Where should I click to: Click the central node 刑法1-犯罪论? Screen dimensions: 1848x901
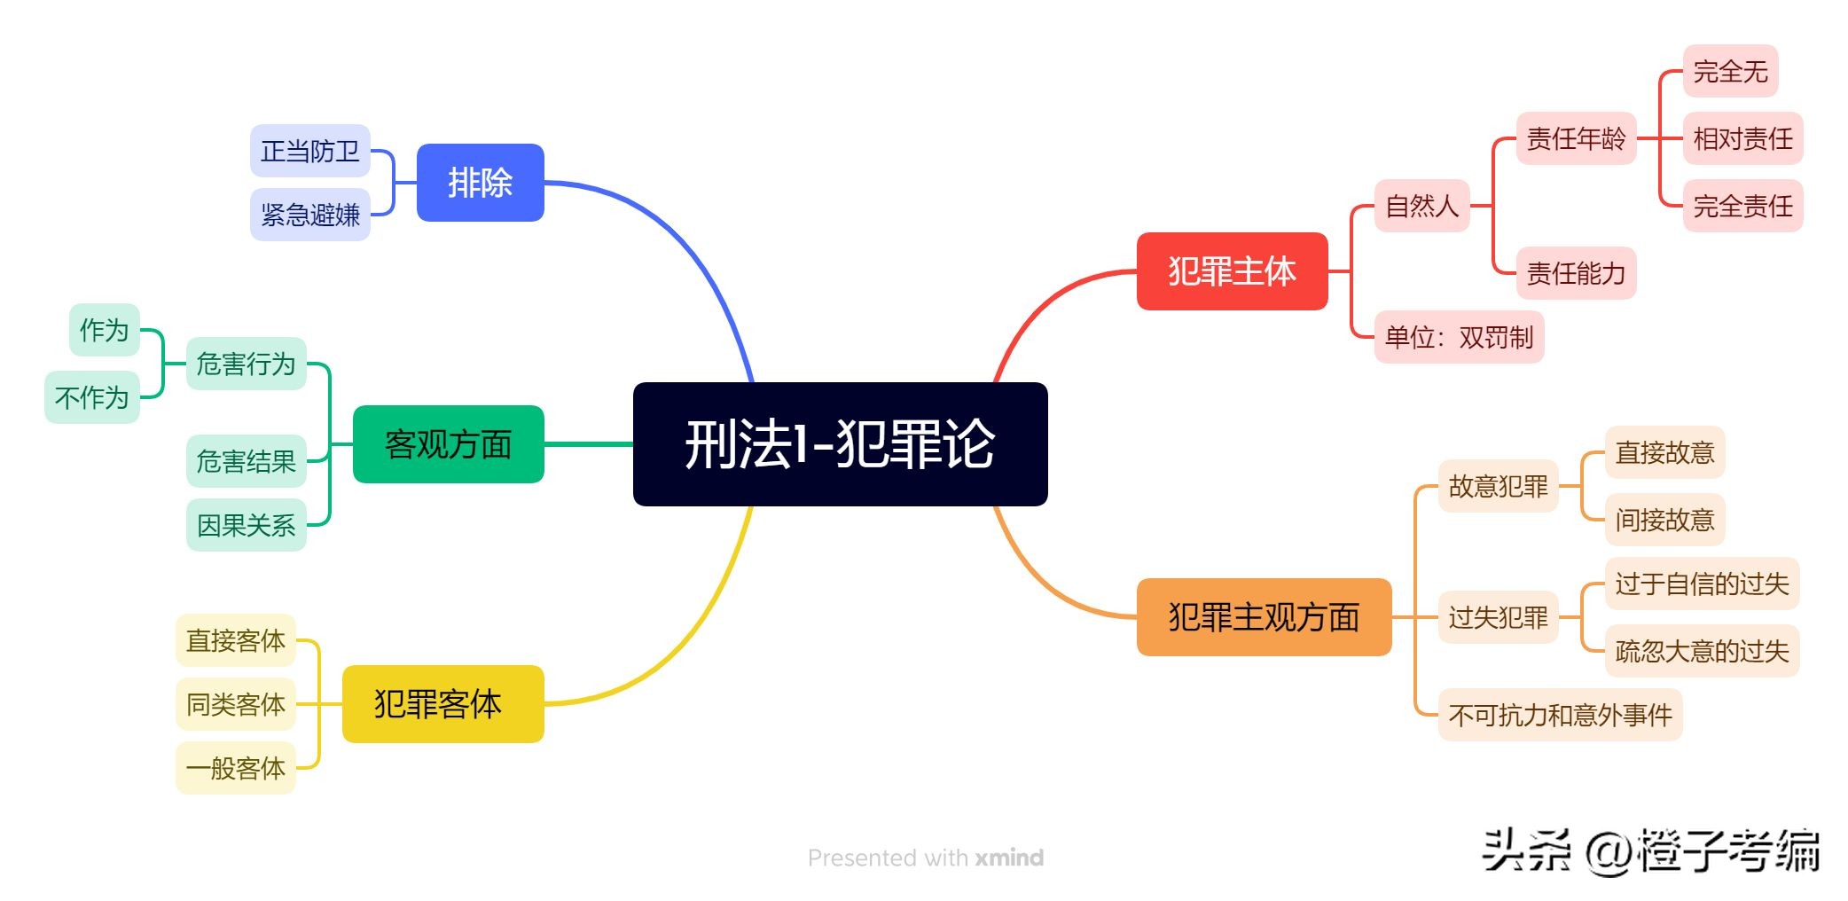point(840,443)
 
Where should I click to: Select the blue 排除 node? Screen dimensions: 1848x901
point(480,183)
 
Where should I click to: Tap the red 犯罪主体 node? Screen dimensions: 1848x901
point(1232,271)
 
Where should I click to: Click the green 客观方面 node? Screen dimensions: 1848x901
point(448,444)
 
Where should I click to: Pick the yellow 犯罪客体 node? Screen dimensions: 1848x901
point(442,704)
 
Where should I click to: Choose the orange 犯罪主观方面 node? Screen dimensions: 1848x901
point(1264,617)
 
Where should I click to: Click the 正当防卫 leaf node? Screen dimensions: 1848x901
point(309,151)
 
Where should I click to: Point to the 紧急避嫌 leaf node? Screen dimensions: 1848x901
point(309,215)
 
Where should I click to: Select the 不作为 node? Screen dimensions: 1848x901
point(91,397)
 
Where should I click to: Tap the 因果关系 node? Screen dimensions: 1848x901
point(246,525)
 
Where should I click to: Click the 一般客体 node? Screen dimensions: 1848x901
point(235,768)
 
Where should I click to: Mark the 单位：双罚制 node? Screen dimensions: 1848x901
point(1459,337)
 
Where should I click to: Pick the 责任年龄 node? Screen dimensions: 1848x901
point(1576,138)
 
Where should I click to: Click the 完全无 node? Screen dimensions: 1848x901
point(1730,71)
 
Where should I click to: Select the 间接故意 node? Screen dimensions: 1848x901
point(1664,520)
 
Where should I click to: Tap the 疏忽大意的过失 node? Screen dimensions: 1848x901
point(1702,651)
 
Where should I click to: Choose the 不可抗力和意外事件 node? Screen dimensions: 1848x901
point(1560,715)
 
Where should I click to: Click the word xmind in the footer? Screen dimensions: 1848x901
point(1009,858)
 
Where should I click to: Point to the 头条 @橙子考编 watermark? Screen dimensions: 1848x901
point(1650,851)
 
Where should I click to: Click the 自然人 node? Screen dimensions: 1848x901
point(1421,206)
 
